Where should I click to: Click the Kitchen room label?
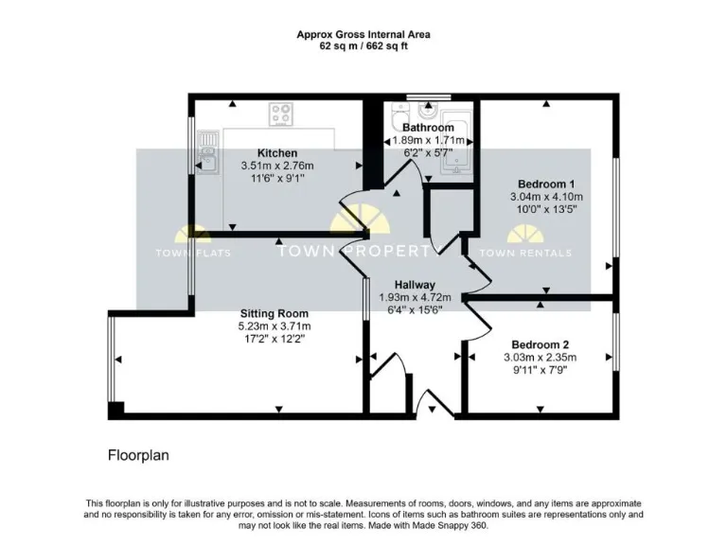pyautogui.click(x=277, y=153)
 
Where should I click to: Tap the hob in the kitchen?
pyautogui.click(x=281, y=115)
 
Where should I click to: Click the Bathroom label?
pyautogui.click(x=428, y=128)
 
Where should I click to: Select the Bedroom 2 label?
pyautogui.click(x=540, y=344)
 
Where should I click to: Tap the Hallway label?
pyautogui.click(x=415, y=285)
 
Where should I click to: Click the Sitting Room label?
pyautogui.click(x=274, y=314)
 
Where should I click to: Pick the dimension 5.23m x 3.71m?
pyautogui.click(x=274, y=326)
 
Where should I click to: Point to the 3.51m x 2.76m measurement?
pyautogui.click(x=277, y=166)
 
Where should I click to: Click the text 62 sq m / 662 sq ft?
pyautogui.click(x=363, y=45)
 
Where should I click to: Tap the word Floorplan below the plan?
pyautogui.click(x=138, y=455)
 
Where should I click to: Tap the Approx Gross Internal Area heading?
pyautogui.click(x=363, y=34)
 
